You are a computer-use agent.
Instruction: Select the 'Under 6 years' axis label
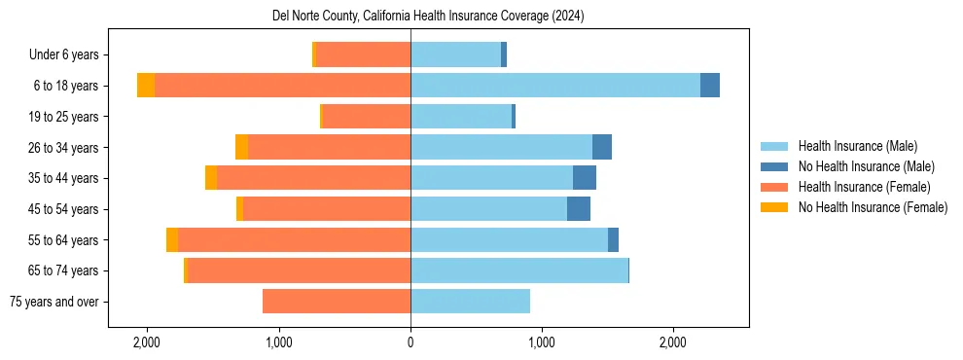(70, 55)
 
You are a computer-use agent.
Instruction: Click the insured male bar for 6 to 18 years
(554, 86)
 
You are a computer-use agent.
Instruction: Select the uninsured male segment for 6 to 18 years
(710, 86)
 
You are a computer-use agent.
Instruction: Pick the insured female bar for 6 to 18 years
(282, 86)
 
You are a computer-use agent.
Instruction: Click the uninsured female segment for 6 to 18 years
(146, 86)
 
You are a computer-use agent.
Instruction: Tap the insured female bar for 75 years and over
(337, 302)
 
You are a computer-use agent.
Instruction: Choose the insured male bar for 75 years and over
(470, 302)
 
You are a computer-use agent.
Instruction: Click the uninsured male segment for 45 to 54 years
(579, 209)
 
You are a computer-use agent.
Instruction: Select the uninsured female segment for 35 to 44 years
(211, 178)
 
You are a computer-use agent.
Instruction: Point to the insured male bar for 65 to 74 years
(519, 270)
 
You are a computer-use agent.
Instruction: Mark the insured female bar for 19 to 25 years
(366, 117)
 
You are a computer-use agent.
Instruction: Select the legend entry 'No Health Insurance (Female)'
(873, 207)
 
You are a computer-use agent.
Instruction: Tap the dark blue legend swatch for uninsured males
(774, 166)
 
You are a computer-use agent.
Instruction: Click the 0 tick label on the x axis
(410, 342)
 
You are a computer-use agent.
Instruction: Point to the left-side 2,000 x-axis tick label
(147, 342)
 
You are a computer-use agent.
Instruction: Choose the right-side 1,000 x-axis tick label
(542, 342)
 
